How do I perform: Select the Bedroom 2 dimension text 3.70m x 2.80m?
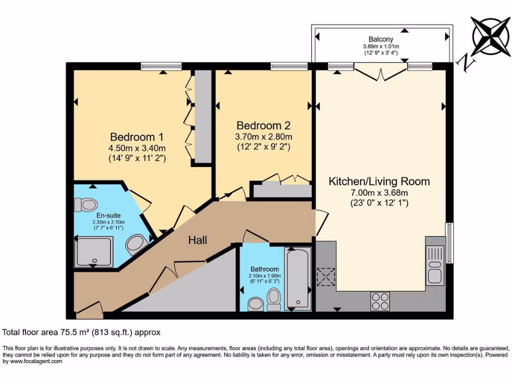coord(263,136)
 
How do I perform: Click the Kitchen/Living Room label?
coord(378,181)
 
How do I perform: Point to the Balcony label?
coord(381,39)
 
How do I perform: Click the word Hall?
coord(197,240)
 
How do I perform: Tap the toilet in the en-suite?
coord(85,204)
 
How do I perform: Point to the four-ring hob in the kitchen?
coord(380,301)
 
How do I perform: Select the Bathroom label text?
coord(264,269)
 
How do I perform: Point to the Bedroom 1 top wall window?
coord(161,66)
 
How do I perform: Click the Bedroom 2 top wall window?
coord(289,66)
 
